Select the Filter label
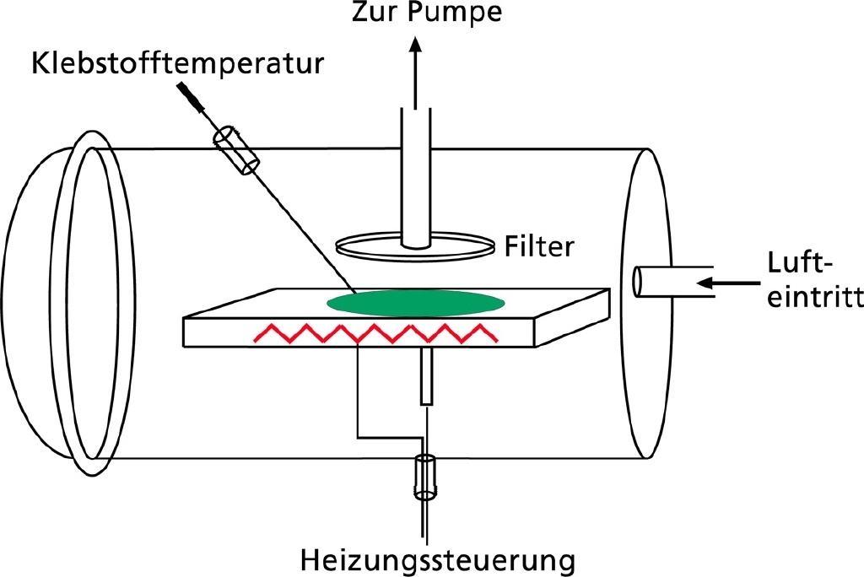coord(540,246)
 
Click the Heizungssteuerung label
coord(430,559)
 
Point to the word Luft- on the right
coord(801,262)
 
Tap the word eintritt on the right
coord(813,297)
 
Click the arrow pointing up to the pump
coord(415,67)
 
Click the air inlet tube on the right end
coord(667,281)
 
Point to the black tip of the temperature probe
coord(189,94)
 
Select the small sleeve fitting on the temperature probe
coord(238,150)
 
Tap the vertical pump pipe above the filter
coord(415,177)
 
